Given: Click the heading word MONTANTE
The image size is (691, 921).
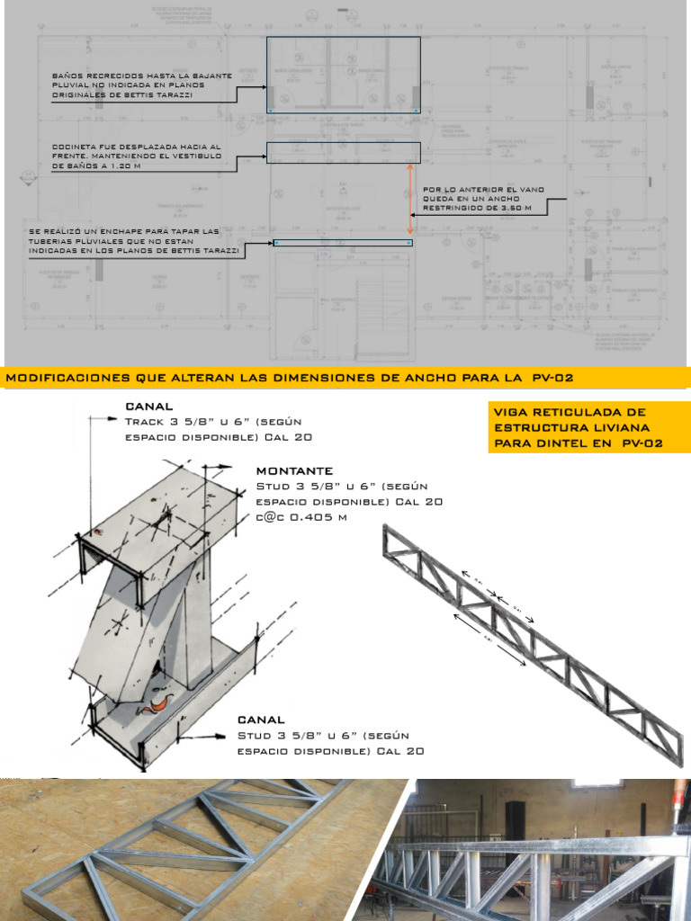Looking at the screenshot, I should coord(294,470).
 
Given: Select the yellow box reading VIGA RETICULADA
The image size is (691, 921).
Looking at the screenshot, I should coord(588,428).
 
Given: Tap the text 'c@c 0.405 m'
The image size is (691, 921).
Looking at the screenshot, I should coord(301,517).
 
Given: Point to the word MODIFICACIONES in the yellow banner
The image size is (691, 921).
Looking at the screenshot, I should coord(67,377).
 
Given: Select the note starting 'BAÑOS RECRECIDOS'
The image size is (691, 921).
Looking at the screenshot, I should coord(142,85).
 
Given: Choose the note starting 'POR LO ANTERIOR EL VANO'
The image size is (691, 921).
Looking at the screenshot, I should coord(482,199).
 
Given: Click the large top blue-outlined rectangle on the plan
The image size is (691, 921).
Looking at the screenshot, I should coord(343,76).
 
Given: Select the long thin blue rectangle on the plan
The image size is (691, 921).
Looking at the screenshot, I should coord(343,243).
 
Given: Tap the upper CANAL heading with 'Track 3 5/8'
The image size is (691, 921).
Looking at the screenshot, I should coord(149,406).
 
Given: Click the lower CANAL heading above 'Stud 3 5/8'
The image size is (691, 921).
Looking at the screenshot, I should coord(261,720).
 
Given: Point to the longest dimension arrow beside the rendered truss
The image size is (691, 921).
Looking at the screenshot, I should coord(489,639).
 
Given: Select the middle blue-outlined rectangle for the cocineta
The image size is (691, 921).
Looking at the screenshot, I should coord(343,152).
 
